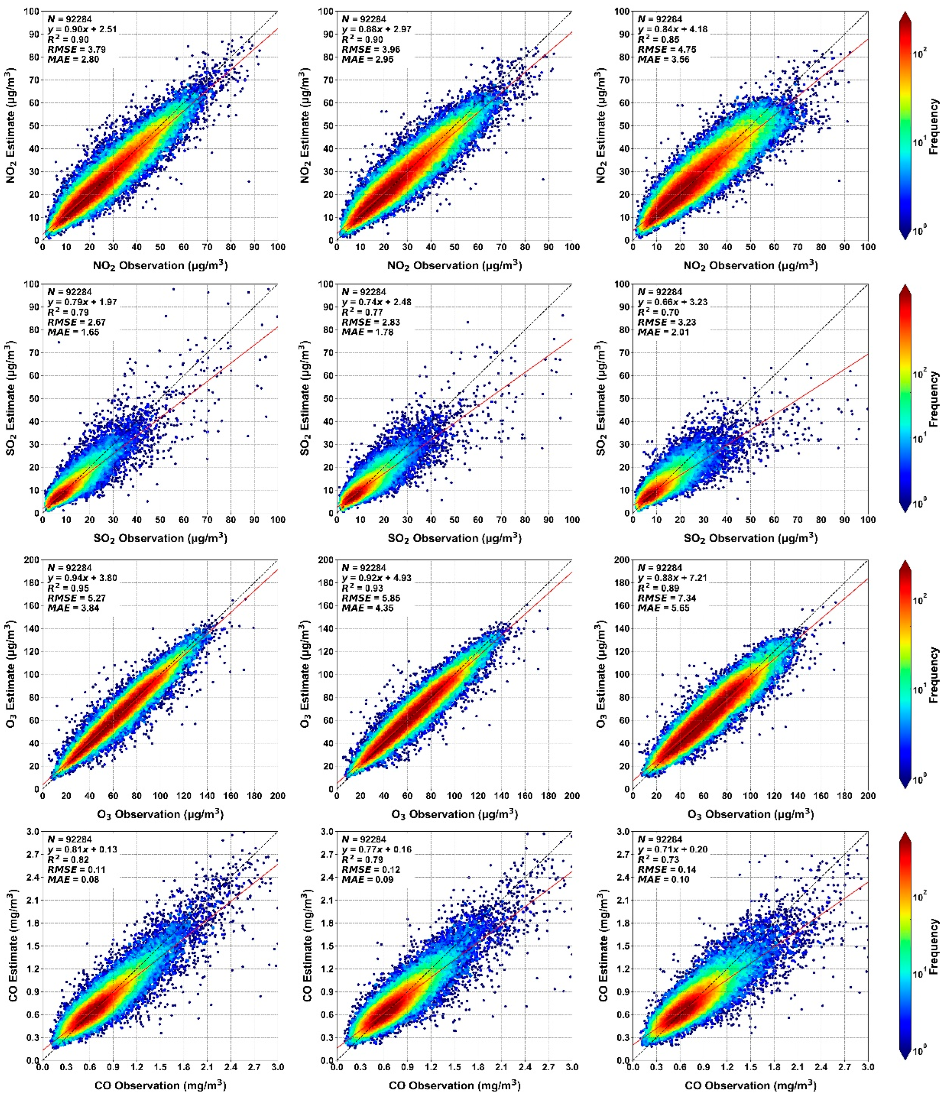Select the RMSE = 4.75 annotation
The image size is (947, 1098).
pyautogui.click(x=667, y=49)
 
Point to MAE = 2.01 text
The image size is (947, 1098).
pyautogui.click(x=663, y=332)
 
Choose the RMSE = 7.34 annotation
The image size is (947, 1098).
pyautogui.click(x=667, y=598)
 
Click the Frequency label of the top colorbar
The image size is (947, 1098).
pyautogui.click(x=934, y=126)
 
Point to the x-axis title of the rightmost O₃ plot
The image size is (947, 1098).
pyautogui.click(x=750, y=814)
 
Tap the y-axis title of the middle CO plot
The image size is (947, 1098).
pyautogui.click(x=307, y=946)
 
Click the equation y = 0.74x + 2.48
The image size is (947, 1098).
pyautogui.click(x=376, y=302)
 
